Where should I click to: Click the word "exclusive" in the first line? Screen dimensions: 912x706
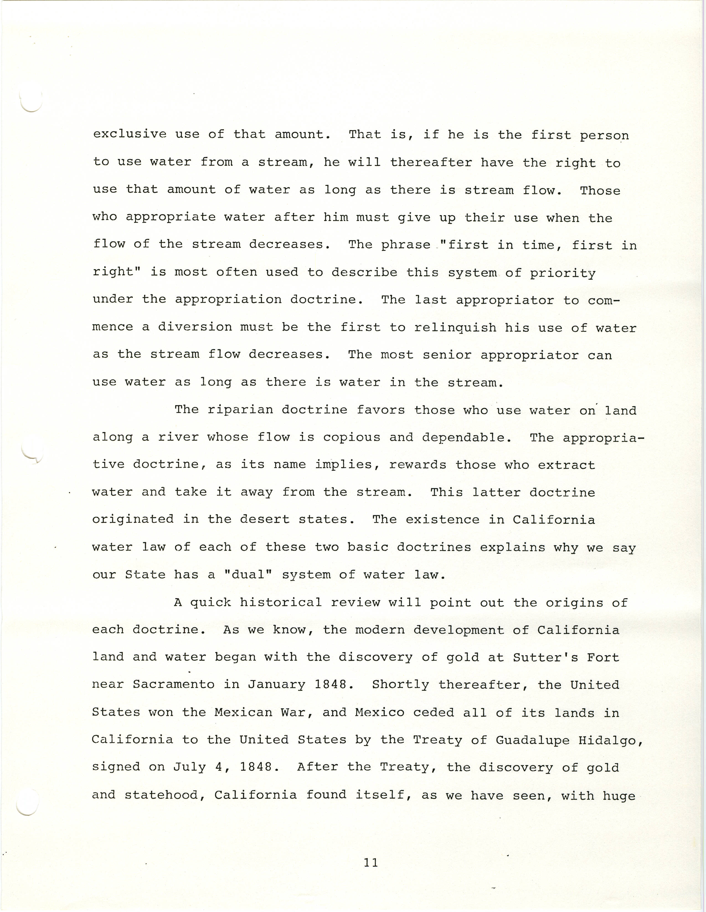point(129,134)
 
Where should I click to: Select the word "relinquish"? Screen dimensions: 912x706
point(455,327)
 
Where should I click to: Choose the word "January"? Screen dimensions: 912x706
point(277,685)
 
